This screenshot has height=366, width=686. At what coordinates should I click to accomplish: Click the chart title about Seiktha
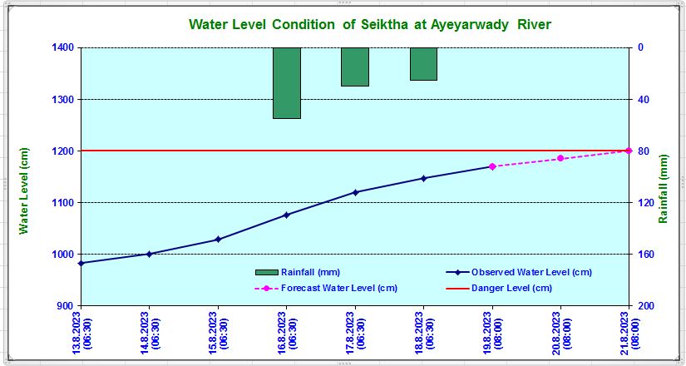(x=370, y=24)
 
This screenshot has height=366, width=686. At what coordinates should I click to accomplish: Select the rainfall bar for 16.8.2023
(x=287, y=83)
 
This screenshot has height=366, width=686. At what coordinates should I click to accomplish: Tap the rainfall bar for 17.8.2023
(x=355, y=67)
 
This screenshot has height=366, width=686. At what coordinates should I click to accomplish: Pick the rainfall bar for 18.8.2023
(x=423, y=64)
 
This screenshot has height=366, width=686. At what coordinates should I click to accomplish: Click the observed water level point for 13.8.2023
(x=81, y=263)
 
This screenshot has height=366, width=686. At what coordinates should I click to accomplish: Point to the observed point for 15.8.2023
(x=218, y=240)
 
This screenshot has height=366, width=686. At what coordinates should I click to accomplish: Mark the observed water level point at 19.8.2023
(x=491, y=166)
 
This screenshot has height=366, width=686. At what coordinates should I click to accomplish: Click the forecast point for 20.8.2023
(x=560, y=158)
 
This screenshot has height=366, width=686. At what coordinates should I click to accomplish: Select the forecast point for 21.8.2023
(x=629, y=151)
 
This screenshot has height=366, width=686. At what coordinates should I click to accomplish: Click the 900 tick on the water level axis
(x=66, y=306)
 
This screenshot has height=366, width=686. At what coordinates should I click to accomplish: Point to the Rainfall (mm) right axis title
(x=663, y=188)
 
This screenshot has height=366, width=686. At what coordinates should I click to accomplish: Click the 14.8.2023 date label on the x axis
(x=150, y=334)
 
